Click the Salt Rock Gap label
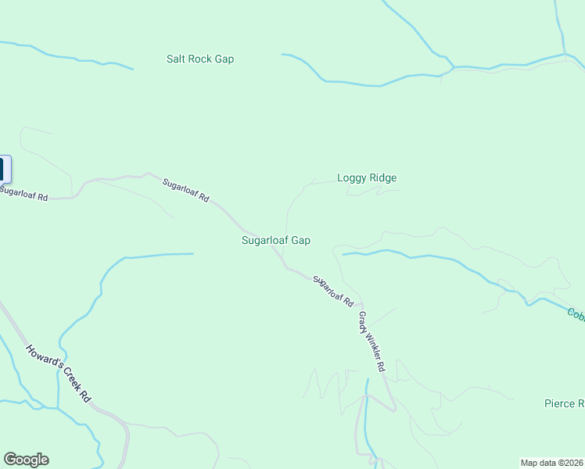point(200,59)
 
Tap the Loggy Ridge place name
point(367,177)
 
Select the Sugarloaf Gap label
point(276,241)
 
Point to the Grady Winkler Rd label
point(372,342)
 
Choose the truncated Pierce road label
point(565,404)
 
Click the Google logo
point(26,460)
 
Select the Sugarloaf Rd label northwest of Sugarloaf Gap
point(186,191)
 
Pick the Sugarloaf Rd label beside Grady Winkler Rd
point(334,291)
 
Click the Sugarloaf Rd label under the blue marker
point(23,193)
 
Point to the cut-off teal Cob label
point(576,314)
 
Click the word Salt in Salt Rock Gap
point(177,59)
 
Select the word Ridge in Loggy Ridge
point(383,177)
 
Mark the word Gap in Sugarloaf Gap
point(301,241)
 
